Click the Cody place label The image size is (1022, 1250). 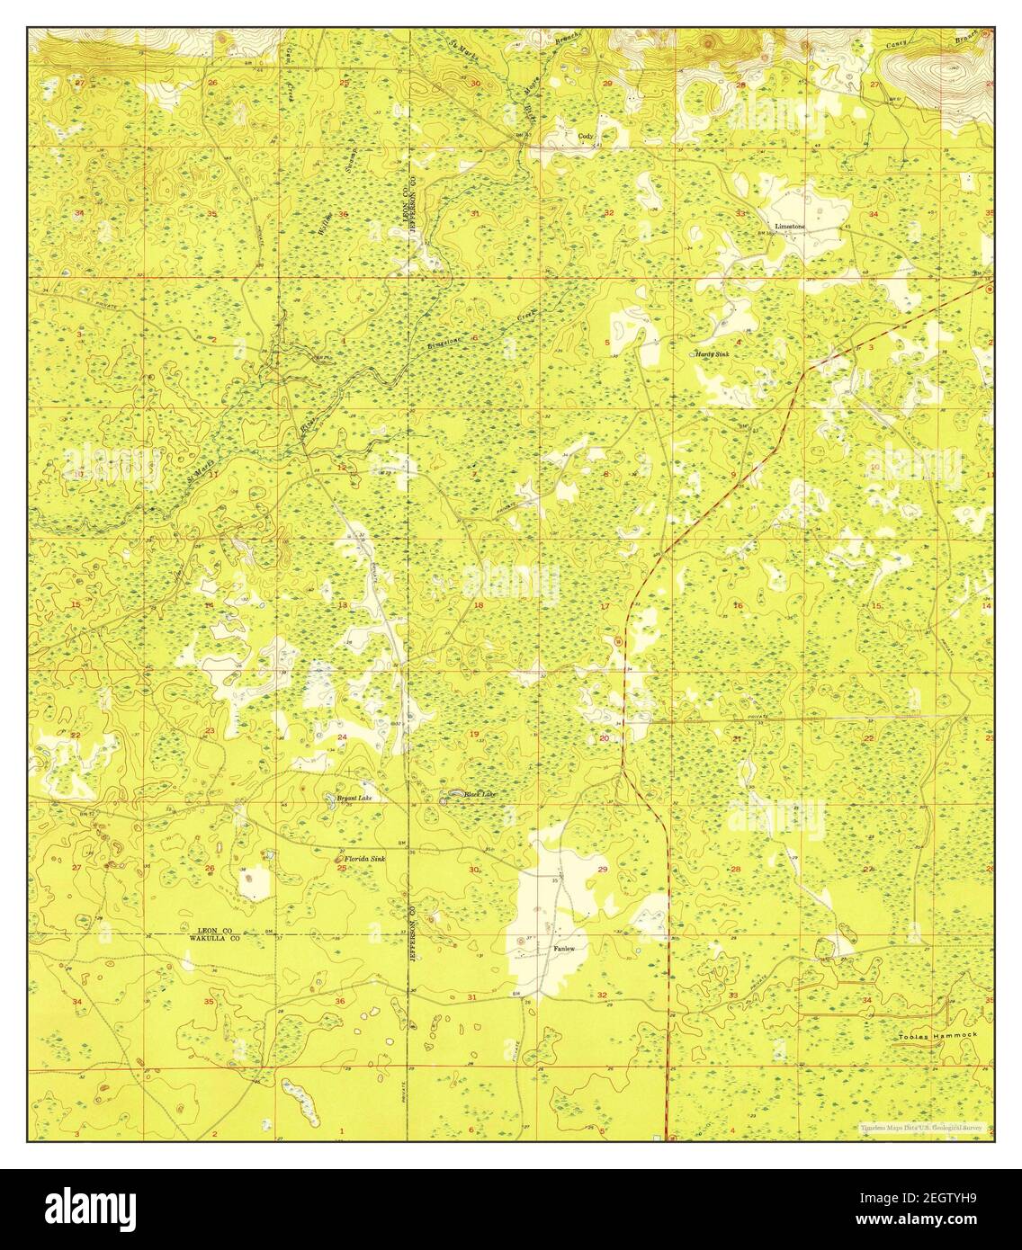pyautogui.click(x=586, y=137)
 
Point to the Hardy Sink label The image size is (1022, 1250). pyautogui.click(x=713, y=354)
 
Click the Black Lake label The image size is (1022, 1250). pyautogui.click(x=479, y=794)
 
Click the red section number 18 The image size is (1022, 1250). pyautogui.click(x=479, y=605)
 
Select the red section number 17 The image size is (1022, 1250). pyautogui.click(x=605, y=606)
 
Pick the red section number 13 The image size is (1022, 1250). pyautogui.click(x=342, y=605)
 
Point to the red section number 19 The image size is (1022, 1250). pyautogui.click(x=474, y=736)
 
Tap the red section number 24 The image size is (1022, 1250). pyautogui.click(x=342, y=737)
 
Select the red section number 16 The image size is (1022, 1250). pyautogui.click(x=738, y=605)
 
